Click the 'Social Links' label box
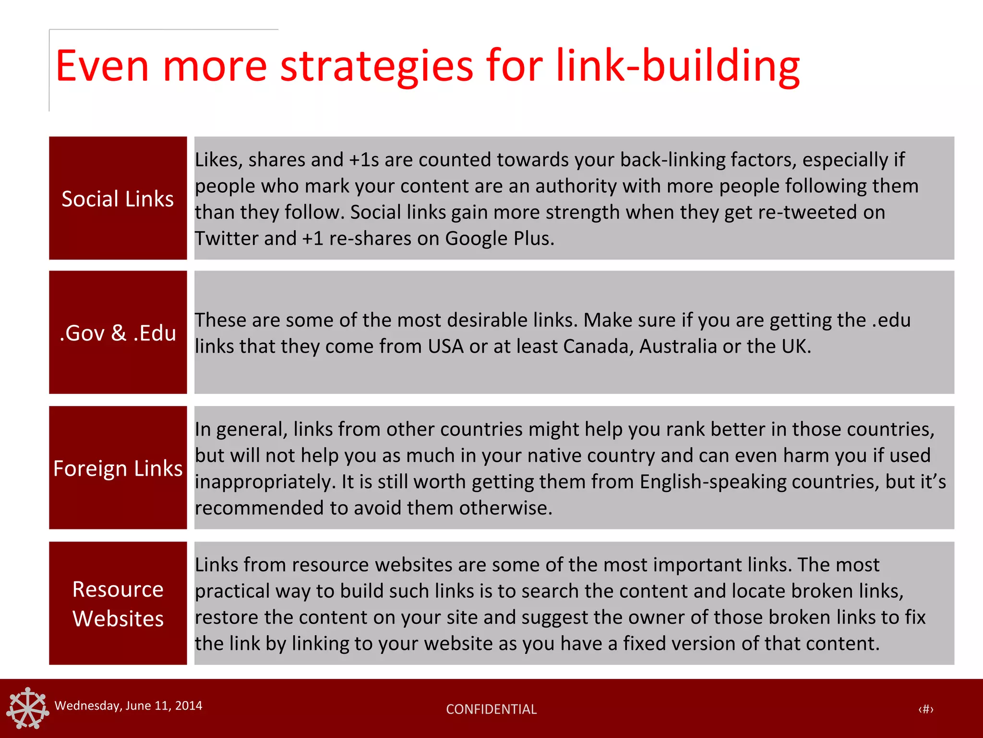click(x=118, y=198)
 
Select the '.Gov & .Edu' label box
click(x=118, y=332)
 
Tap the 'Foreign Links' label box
click(x=118, y=468)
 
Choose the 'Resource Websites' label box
click(x=118, y=603)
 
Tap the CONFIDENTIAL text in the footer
click(x=491, y=709)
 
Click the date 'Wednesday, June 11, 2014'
click(x=128, y=705)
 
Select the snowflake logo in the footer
click(x=28, y=708)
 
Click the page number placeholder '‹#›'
click(x=926, y=709)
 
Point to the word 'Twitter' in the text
click(x=221, y=238)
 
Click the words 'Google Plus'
click(x=499, y=238)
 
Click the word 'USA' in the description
click(x=445, y=346)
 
